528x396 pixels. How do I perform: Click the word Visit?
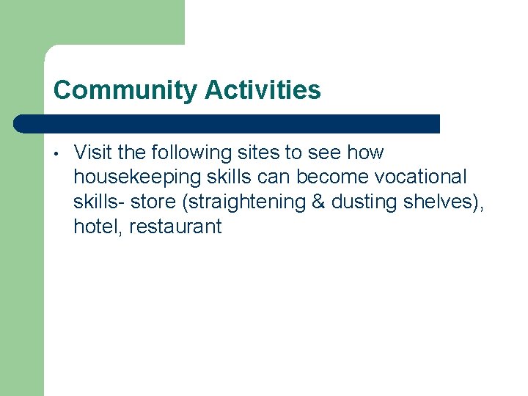[92, 153]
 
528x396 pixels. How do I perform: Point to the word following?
[187, 153]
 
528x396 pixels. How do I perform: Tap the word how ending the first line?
[364, 153]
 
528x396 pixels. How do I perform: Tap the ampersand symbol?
[318, 202]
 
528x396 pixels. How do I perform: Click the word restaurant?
[175, 227]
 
